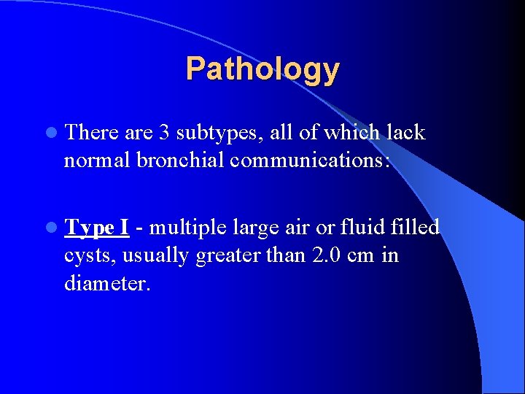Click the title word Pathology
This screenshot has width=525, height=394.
click(262, 69)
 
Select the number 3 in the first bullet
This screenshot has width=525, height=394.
click(164, 133)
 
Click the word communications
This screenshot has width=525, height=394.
click(309, 160)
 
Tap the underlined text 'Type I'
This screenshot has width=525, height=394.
click(96, 228)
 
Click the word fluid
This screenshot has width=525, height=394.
click(358, 228)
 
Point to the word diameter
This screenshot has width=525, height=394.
click(106, 283)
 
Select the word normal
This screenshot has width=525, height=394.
click(96, 160)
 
